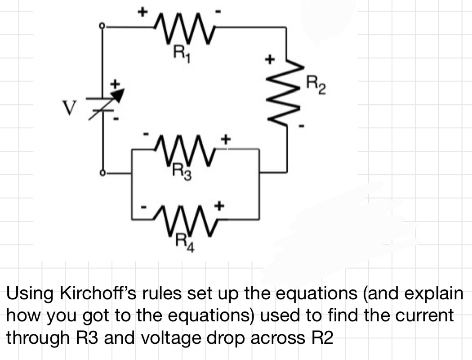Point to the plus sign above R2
click(x=269, y=59)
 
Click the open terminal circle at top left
click(x=102, y=27)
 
